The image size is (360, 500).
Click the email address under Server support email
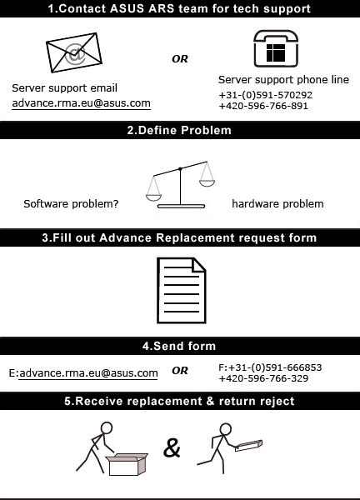point(81,103)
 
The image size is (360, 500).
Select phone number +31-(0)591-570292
point(265,95)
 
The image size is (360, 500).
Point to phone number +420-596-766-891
point(263,107)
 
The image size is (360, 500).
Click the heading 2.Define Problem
point(179,131)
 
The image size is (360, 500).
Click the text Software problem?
point(71,203)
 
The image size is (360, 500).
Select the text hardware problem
point(277,203)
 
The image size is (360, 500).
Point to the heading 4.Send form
point(179,346)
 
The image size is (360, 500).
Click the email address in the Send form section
point(88,373)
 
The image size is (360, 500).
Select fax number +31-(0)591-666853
point(270,367)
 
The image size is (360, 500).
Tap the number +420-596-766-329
point(263,378)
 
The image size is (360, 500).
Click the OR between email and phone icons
point(180,59)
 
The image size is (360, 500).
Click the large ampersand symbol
point(172,448)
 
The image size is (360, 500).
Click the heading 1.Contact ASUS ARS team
point(179,9)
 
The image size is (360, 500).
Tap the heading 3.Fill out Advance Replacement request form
point(179,237)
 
